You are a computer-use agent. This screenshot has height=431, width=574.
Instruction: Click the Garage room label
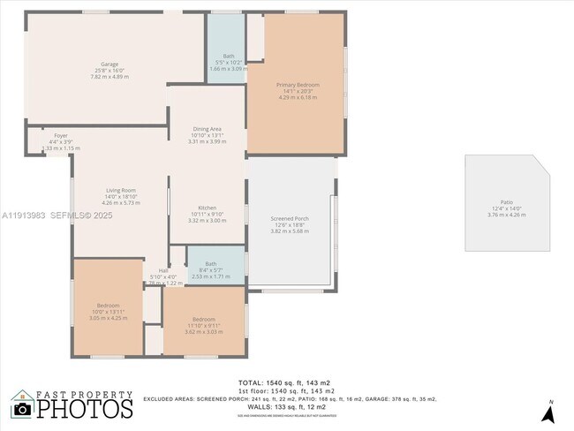click(109, 64)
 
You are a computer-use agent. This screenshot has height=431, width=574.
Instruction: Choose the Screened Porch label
click(289, 217)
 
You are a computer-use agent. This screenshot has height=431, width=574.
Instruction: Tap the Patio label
click(506, 202)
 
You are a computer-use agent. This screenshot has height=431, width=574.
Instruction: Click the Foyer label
click(60, 135)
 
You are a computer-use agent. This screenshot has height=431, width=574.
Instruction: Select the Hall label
click(163, 271)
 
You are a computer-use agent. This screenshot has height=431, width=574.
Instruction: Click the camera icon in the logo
click(22, 409)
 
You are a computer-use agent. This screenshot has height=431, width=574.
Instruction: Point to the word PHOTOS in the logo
click(85, 409)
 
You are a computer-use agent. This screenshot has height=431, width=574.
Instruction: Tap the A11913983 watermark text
click(24, 215)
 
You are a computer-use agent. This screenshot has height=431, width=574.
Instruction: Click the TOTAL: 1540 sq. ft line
click(286, 381)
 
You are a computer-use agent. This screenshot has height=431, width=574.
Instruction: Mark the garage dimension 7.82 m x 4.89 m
click(109, 77)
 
